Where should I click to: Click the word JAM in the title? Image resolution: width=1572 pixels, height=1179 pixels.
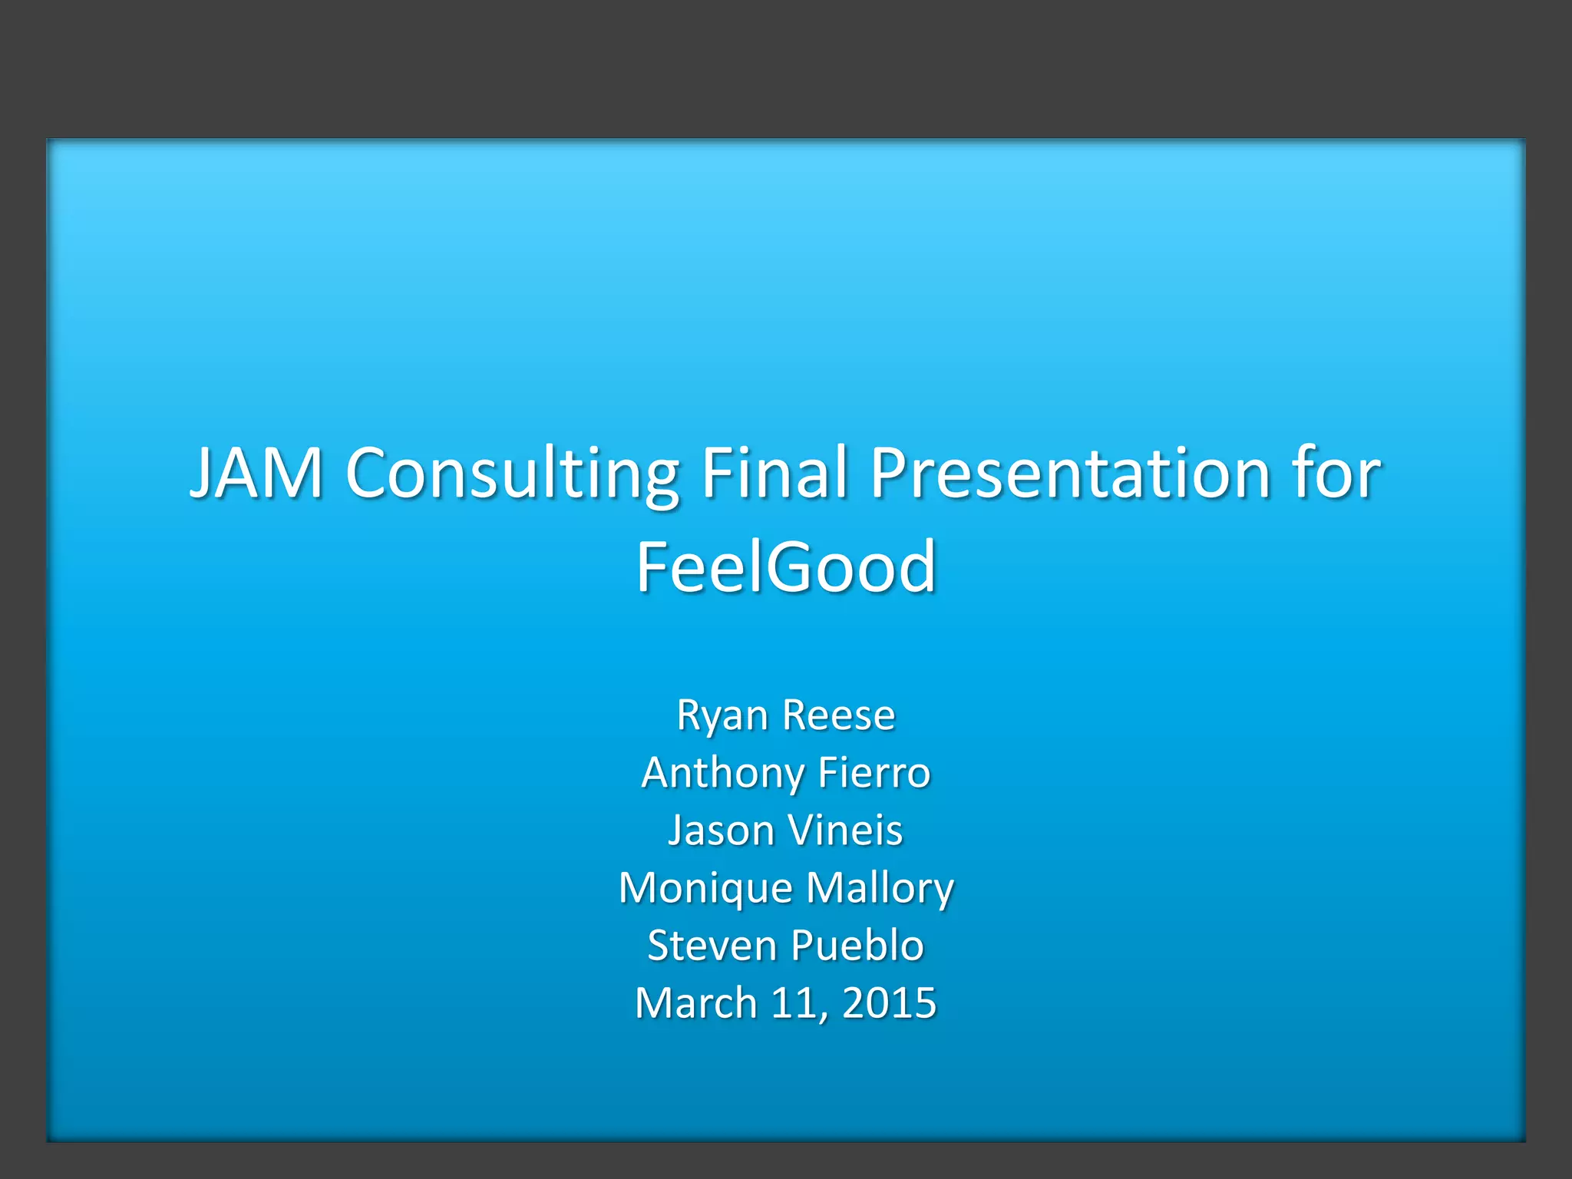click(x=256, y=473)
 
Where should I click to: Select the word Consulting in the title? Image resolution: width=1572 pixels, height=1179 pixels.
click(x=512, y=473)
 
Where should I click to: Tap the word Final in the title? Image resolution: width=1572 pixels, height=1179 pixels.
click(x=774, y=473)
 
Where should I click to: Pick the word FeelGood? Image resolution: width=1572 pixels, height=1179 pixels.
click(x=786, y=567)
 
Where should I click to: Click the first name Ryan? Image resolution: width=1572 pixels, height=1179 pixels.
click(x=722, y=716)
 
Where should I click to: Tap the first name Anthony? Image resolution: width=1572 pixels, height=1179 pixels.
click(x=722, y=773)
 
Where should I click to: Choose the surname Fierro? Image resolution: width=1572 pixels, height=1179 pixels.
click(x=874, y=772)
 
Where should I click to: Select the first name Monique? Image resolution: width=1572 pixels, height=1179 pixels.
click(x=705, y=889)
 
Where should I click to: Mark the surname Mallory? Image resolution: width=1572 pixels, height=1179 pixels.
click(x=880, y=889)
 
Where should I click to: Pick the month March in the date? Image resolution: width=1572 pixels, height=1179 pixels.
click(x=696, y=1003)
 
